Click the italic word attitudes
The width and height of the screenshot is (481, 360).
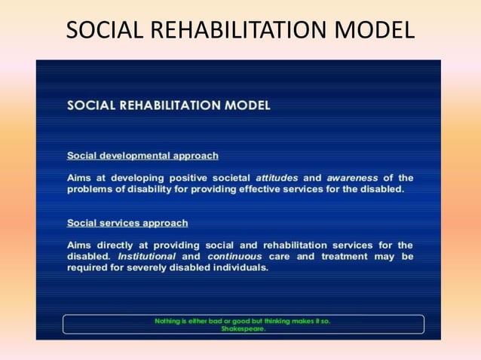coord(280,178)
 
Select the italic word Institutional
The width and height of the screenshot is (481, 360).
coord(148,256)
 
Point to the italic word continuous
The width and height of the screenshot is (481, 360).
coord(233,256)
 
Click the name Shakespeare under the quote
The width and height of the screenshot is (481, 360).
coord(243,328)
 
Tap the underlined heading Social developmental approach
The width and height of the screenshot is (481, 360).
coord(142,156)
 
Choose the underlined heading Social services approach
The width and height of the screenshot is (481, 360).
coord(127,223)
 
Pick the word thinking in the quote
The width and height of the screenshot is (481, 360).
coord(281,321)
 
